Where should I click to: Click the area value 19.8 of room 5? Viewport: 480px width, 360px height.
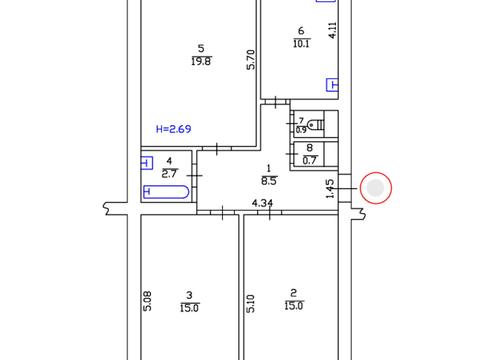[201, 62]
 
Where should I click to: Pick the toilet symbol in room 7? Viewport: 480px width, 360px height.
[316, 125]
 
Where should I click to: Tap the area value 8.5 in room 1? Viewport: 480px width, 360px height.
[269, 181]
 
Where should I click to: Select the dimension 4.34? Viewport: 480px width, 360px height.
[262, 204]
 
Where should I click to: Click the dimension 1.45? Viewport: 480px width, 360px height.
[330, 188]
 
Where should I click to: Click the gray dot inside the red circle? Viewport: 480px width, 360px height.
[376, 187]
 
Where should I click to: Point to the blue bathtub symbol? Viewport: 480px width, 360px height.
[163, 191]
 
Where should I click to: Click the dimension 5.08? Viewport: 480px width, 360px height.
[148, 299]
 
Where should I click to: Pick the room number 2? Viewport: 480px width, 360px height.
[294, 293]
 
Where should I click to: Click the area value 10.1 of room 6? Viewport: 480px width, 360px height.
[303, 43]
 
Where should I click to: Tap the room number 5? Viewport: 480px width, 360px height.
[201, 48]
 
